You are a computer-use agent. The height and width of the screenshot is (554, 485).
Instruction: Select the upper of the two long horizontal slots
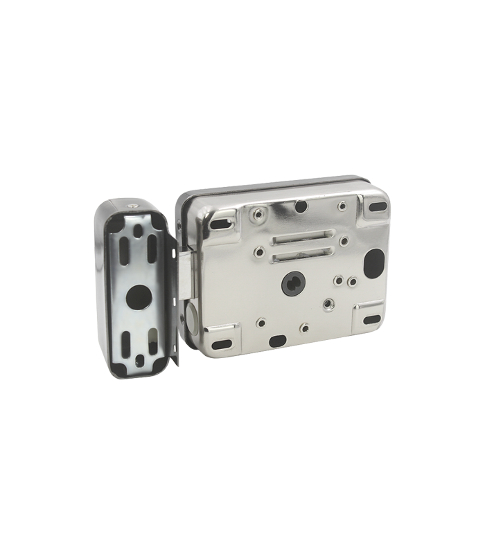(x=299, y=240)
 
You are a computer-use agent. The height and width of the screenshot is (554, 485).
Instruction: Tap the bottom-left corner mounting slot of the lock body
(x=221, y=343)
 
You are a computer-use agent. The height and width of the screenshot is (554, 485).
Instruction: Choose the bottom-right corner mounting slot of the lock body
(x=372, y=320)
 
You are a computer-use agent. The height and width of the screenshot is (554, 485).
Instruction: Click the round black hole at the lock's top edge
(x=301, y=206)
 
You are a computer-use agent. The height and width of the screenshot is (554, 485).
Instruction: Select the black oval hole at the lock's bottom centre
(x=277, y=340)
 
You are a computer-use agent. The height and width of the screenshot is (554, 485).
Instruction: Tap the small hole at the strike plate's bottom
(x=140, y=360)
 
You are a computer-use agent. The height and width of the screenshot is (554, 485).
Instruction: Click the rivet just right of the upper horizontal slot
(x=343, y=241)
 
